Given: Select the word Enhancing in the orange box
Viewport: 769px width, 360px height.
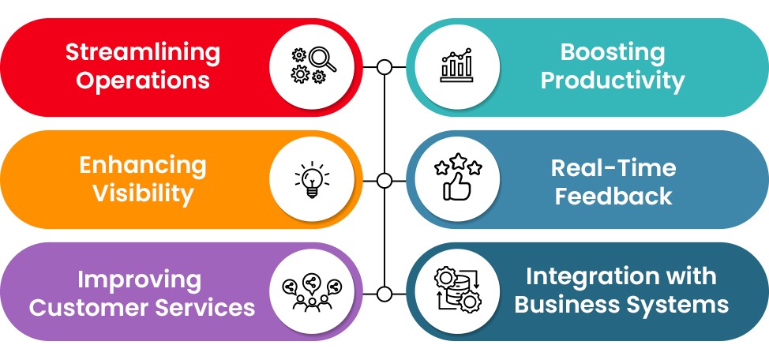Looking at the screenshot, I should [x=142, y=167].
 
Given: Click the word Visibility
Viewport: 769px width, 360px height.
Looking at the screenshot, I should [x=143, y=193].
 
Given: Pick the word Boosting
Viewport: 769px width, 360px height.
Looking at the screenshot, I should [x=613, y=54].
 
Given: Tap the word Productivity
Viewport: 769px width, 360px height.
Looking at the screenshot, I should [x=613, y=81].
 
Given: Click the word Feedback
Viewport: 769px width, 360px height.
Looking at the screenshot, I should [x=613, y=194].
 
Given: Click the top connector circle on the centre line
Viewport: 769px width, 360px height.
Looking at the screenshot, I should [x=384, y=67].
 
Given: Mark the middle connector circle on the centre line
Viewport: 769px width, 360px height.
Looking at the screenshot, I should [x=384, y=181].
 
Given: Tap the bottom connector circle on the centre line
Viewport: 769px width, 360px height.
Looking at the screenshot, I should [x=384, y=294].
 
